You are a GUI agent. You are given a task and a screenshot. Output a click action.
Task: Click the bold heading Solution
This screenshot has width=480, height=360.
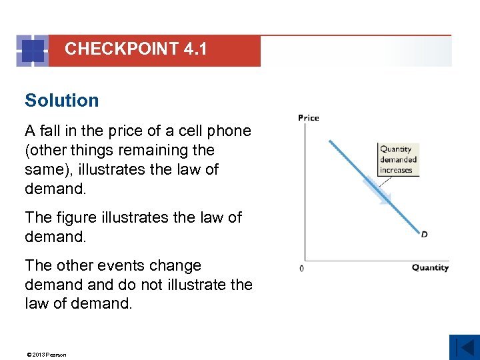(61, 101)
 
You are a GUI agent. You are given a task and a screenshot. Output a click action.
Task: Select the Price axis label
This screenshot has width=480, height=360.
(308, 118)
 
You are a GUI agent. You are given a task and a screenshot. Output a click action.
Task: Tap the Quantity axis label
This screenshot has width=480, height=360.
(430, 268)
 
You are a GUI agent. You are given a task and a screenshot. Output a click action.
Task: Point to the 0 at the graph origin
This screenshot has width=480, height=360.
(301, 269)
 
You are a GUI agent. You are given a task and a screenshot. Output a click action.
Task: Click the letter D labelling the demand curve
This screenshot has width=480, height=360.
(424, 234)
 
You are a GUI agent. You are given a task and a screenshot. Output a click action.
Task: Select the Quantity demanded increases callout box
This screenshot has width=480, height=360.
(398, 159)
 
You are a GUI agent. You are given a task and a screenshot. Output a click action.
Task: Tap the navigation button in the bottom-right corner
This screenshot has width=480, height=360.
(464, 347)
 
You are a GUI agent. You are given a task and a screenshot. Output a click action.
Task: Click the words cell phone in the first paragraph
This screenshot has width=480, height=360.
(215, 131)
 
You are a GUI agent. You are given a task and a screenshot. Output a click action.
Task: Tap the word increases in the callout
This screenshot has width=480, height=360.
(396, 170)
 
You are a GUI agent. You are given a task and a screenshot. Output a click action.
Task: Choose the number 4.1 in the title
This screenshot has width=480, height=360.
(198, 49)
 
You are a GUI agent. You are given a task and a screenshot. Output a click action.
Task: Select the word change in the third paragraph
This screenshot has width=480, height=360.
(175, 265)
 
